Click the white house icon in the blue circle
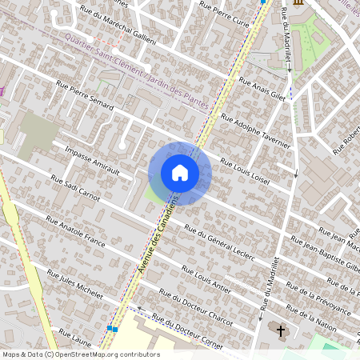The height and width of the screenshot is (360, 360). tap(180, 173)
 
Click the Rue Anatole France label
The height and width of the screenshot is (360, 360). tap(75, 233)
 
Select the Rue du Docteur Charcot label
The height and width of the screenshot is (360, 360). tap(196, 309)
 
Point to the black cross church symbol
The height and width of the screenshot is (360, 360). tap(281, 330)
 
